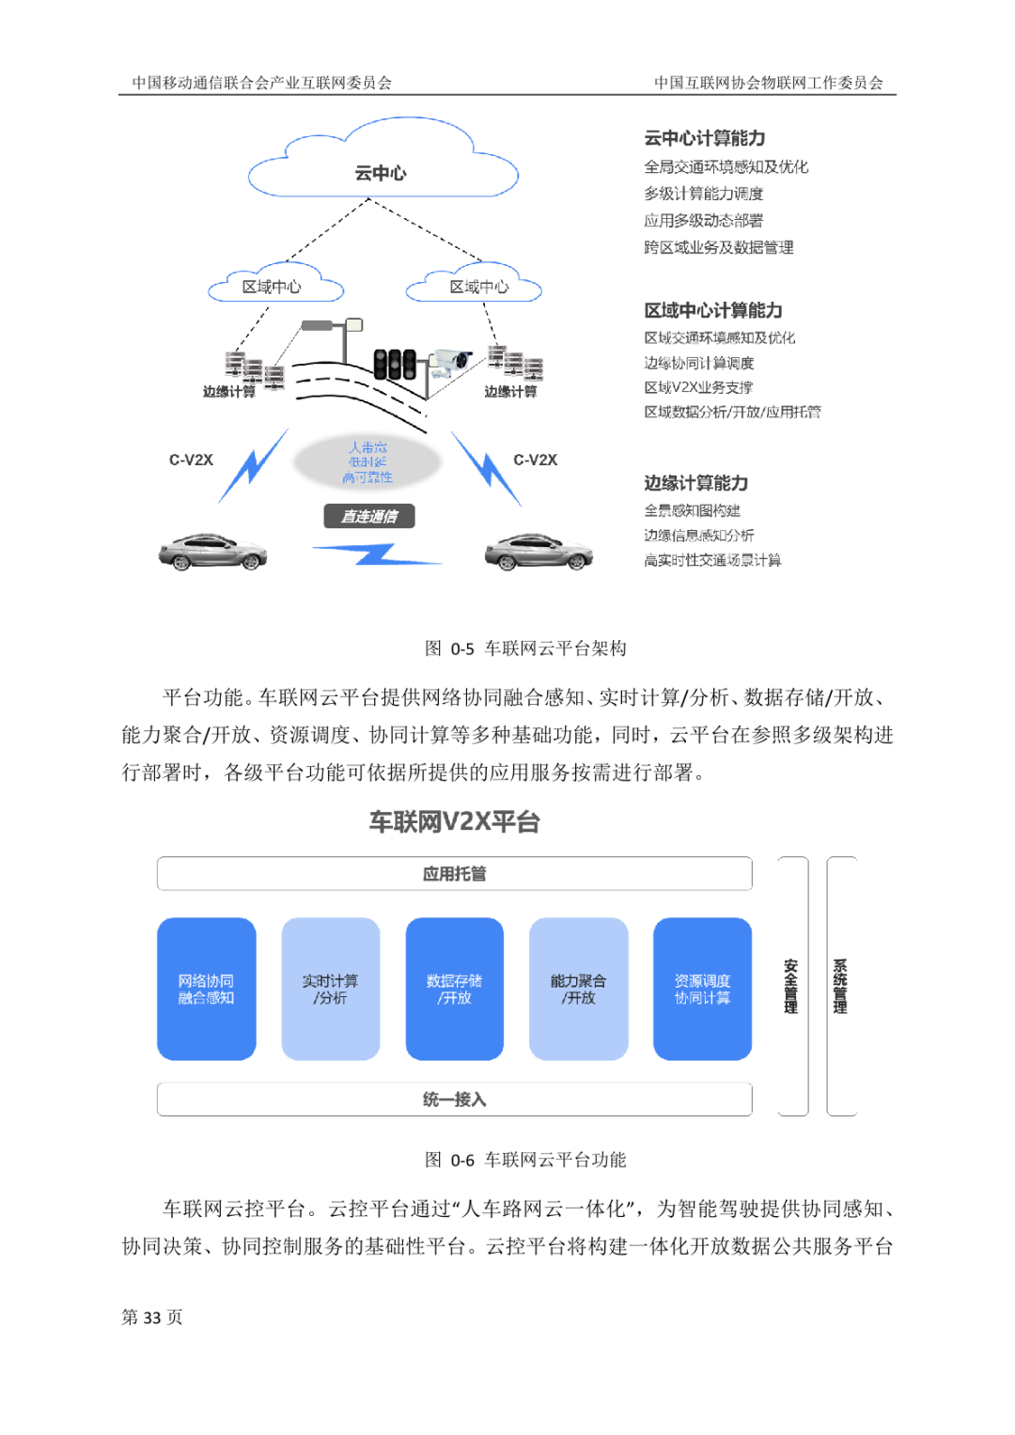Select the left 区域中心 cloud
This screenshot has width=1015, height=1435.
coord(273,286)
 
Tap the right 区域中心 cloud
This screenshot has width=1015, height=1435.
coord(476,286)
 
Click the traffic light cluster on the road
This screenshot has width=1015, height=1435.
coord(395,364)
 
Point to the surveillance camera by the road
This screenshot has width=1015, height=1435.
coord(450,361)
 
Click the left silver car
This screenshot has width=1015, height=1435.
coord(212,552)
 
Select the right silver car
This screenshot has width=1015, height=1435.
coord(539,552)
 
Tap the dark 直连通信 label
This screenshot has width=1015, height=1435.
coord(368,516)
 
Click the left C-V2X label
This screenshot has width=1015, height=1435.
coord(191,460)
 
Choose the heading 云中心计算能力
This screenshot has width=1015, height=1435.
coord(705,138)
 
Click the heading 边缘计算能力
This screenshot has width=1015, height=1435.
coord(696,483)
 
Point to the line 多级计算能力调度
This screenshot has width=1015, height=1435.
coord(704,194)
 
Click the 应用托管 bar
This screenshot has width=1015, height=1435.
coord(454,873)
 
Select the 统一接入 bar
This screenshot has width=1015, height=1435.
coord(454,1099)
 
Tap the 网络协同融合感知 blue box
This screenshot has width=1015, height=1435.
coord(207,989)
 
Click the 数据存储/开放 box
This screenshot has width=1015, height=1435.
coord(454,989)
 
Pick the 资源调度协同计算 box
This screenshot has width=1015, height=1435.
coord(702,989)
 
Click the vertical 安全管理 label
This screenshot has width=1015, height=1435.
coord(791,986)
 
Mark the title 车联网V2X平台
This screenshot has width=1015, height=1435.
coord(454,822)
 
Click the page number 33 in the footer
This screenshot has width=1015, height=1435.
coord(152,1318)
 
